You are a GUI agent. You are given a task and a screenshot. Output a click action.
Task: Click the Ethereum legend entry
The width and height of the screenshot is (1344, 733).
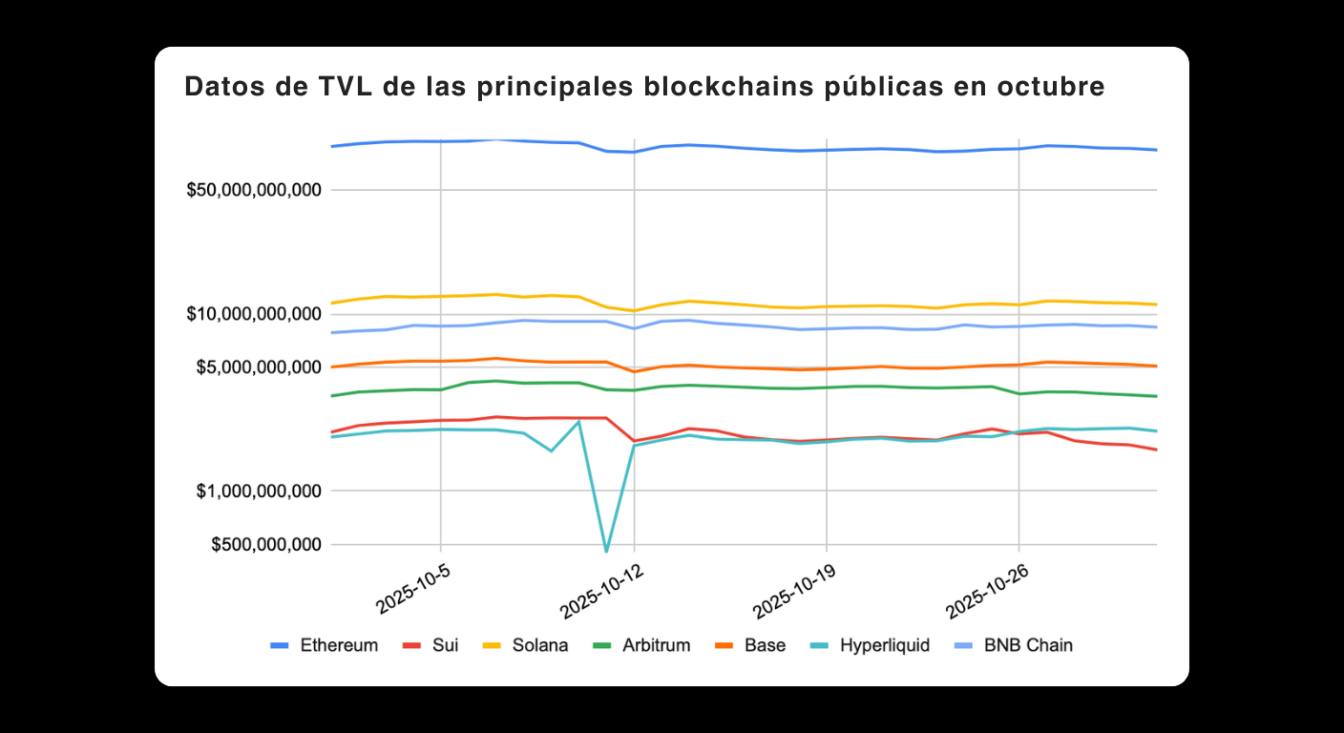(325, 645)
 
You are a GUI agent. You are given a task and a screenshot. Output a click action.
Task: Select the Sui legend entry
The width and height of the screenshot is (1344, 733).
(431, 645)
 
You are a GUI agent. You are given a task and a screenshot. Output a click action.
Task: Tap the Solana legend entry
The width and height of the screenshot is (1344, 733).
(525, 645)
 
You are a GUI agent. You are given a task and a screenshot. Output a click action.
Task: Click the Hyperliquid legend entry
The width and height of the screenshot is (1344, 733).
(871, 645)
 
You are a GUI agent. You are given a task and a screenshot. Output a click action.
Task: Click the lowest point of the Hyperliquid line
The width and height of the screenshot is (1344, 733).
(606, 551)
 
